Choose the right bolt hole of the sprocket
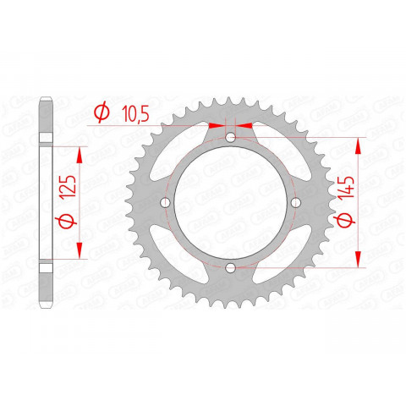[296, 203]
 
